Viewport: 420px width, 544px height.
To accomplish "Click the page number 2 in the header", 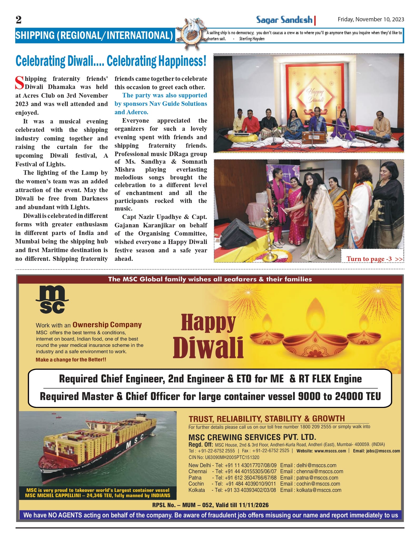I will pyautogui.click(x=18, y=20).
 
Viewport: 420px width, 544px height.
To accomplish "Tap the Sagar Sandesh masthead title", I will pyautogui.click(x=284, y=20).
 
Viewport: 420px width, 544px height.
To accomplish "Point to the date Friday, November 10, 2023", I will pyautogui.click(x=371, y=19).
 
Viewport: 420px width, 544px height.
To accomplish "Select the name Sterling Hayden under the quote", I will pyautogui.click(x=252, y=39).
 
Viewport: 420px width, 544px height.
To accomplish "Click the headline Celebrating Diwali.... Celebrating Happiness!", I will pyautogui.click(x=111, y=61).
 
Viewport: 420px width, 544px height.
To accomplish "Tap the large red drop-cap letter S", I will pyautogui.click(x=19, y=83).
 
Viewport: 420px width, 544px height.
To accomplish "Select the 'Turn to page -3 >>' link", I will pyautogui.click(x=374, y=259).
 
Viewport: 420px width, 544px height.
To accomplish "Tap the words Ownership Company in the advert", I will pyautogui.click(x=107, y=325).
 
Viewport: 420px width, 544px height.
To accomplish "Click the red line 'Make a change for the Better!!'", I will pyautogui.click(x=71, y=360).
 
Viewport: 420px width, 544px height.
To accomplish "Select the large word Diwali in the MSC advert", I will pyautogui.click(x=208, y=347).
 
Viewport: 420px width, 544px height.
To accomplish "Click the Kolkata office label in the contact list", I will pyautogui.click(x=196, y=490).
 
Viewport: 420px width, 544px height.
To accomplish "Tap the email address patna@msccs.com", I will pyautogui.click(x=317, y=478).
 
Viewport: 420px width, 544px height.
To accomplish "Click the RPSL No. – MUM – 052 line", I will pyautogui.click(x=210, y=505).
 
